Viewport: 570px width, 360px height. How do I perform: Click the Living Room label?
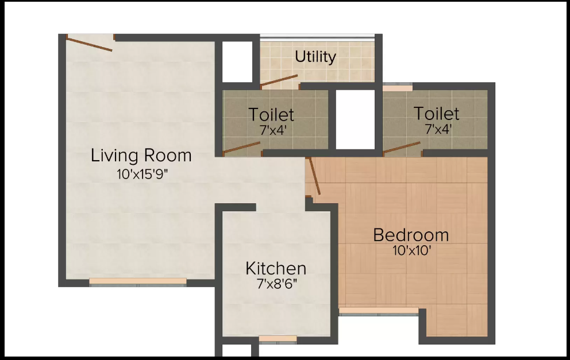[141, 156]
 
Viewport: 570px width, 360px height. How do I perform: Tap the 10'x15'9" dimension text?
[142, 175]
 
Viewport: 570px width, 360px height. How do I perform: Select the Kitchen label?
[276, 269]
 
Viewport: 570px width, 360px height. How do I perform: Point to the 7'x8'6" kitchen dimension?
[276, 284]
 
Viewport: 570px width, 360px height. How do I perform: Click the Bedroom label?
[411, 235]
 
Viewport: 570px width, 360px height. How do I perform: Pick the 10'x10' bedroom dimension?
[412, 251]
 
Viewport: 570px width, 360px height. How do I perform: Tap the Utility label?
[315, 57]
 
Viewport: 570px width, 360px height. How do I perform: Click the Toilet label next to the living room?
[271, 114]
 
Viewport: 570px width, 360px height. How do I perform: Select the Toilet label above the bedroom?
[436, 113]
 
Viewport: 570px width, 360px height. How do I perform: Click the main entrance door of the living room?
[90, 43]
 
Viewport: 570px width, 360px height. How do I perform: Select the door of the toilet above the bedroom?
[402, 148]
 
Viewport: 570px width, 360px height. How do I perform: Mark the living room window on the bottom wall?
[138, 281]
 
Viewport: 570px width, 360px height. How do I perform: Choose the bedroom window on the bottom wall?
[379, 311]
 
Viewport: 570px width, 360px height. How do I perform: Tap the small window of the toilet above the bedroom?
[397, 87]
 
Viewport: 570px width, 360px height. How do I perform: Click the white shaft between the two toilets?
[355, 119]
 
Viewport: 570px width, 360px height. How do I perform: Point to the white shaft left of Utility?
[237, 62]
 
